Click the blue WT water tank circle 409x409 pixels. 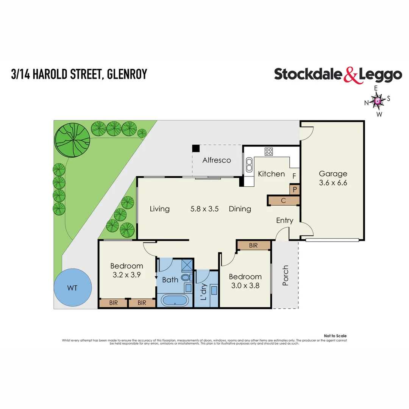[73, 288]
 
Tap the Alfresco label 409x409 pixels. [217, 160]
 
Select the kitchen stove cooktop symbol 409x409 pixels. [269, 151]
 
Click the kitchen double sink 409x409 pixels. [249, 165]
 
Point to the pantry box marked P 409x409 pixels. [294, 189]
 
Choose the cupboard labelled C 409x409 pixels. [284, 201]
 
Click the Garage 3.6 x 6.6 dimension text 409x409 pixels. [333, 183]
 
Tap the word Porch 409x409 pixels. [286, 275]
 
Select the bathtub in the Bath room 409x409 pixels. [174, 301]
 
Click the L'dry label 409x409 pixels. [203, 292]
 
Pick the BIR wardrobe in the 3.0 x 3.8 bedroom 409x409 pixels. [253, 245]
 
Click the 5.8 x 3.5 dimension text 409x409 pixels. [204, 209]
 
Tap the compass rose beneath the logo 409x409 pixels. [378, 101]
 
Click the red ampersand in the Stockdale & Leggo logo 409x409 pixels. [351, 75]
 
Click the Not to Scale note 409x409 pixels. [335, 336]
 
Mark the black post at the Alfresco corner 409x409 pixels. [195, 148]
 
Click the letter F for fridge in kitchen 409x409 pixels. [294, 176]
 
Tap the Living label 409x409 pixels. [159, 209]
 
